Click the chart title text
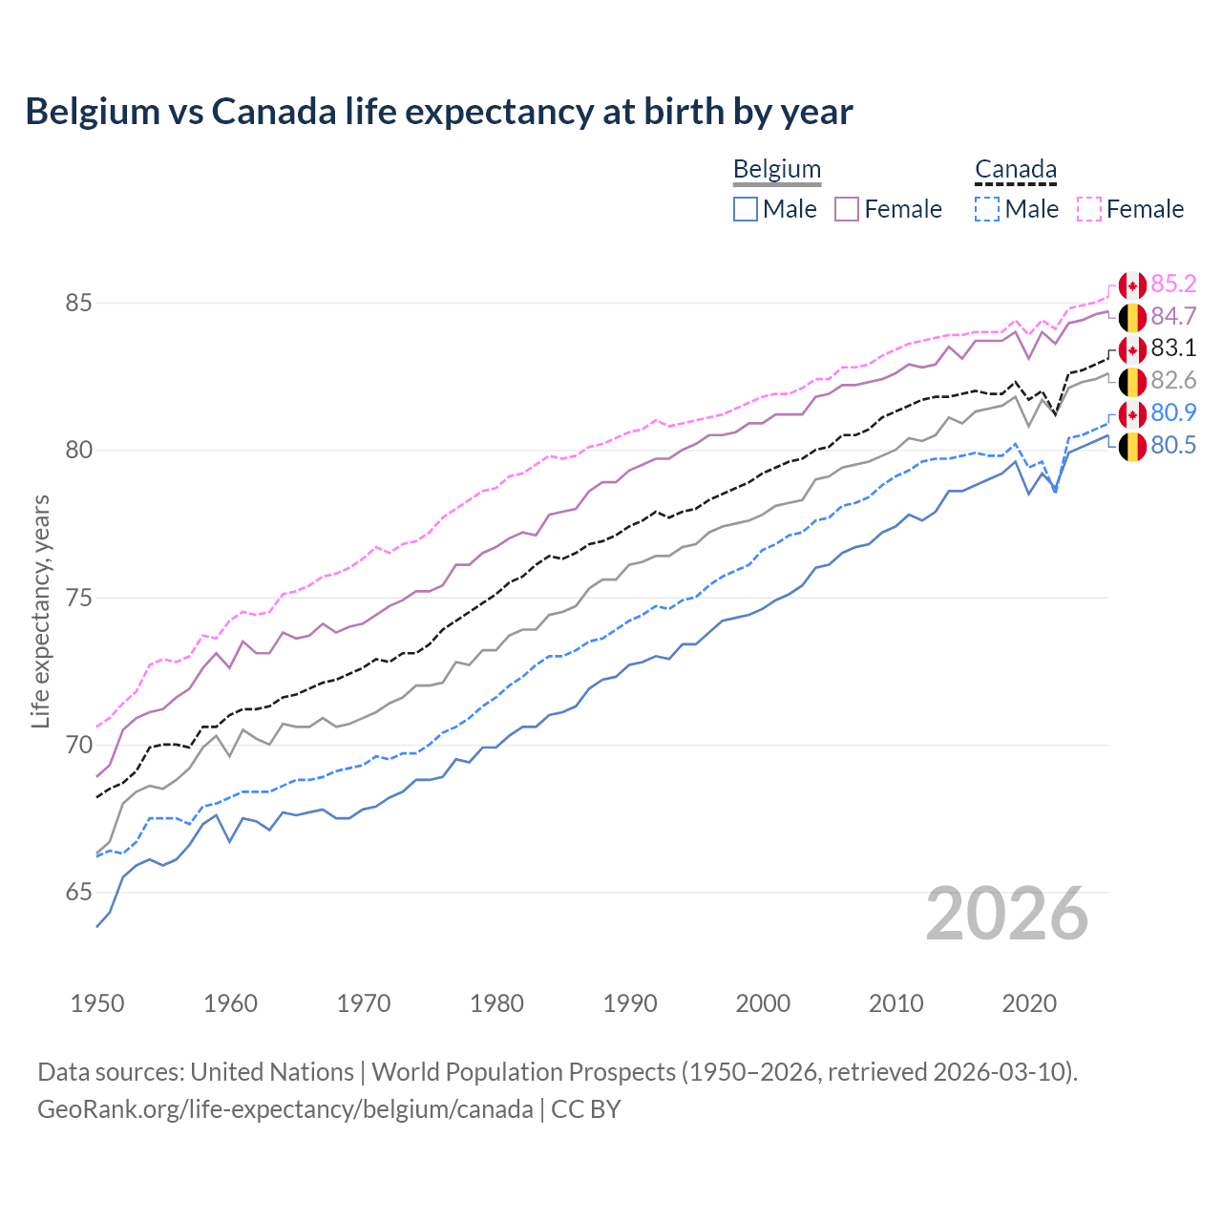439,112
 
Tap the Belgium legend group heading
776,170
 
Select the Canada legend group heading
1015,170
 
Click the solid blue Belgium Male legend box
746,209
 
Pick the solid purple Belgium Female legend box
847,209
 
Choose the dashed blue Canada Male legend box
987,209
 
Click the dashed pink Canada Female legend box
1089,209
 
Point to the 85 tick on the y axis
78,304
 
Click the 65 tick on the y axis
78,893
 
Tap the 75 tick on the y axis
78,599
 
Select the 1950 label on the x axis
97,1003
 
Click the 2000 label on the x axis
763,1003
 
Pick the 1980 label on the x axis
496,1003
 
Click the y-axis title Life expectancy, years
40,611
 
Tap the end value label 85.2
1173,284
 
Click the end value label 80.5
1173,446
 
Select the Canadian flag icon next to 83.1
1132,349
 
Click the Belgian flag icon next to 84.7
1132,317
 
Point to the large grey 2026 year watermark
1007,914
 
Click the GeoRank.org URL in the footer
284,1109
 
